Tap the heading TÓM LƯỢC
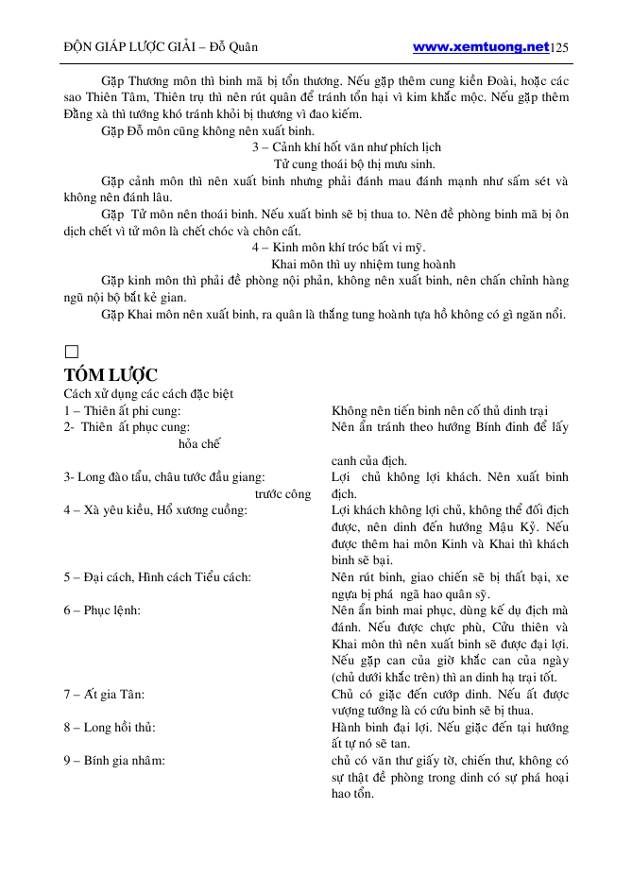(111, 374)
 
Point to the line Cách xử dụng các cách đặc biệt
(148, 393)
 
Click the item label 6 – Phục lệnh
(102, 610)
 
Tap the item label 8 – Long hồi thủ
(110, 727)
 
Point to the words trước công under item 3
(282, 493)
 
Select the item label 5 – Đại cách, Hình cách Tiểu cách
(157, 577)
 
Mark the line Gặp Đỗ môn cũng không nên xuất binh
(208, 130)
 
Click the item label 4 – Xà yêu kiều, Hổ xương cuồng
(156, 510)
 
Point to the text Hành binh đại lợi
(374, 727)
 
